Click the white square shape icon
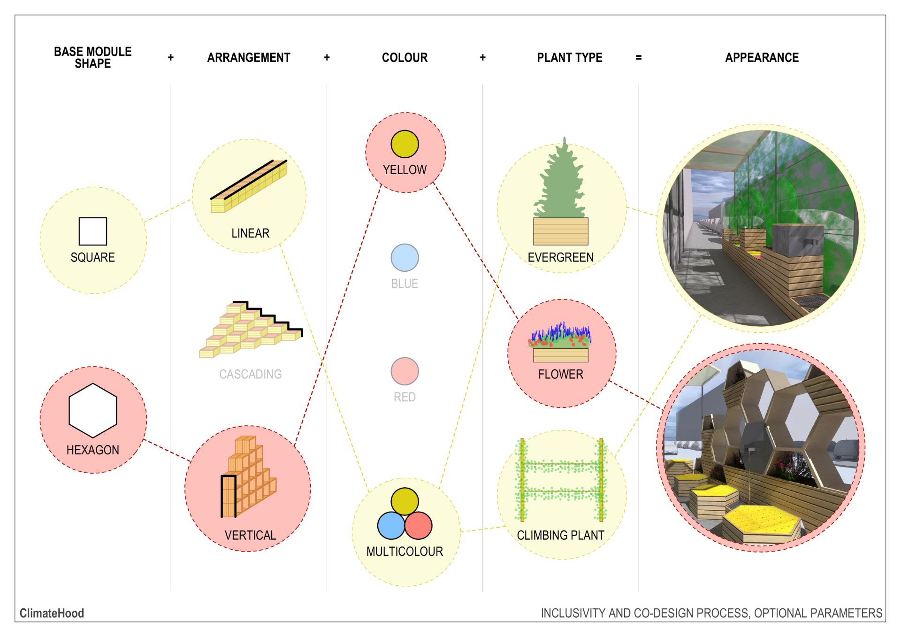point(93,231)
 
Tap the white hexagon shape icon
point(93,410)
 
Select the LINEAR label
point(250,233)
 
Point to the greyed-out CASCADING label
point(251,374)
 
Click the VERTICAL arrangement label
point(250,535)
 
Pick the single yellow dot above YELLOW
point(405,144)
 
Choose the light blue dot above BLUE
point(405,258)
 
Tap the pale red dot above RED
point(405,371)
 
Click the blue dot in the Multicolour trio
point(391,525)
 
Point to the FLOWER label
point(561,374)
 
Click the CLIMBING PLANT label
point(560,535)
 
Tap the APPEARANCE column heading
point(762,58)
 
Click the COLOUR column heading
point(405,58)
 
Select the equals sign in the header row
point(638,58)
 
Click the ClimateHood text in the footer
point(52,613)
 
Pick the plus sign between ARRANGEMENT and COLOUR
point(327,58)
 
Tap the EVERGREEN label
point(560,257)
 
